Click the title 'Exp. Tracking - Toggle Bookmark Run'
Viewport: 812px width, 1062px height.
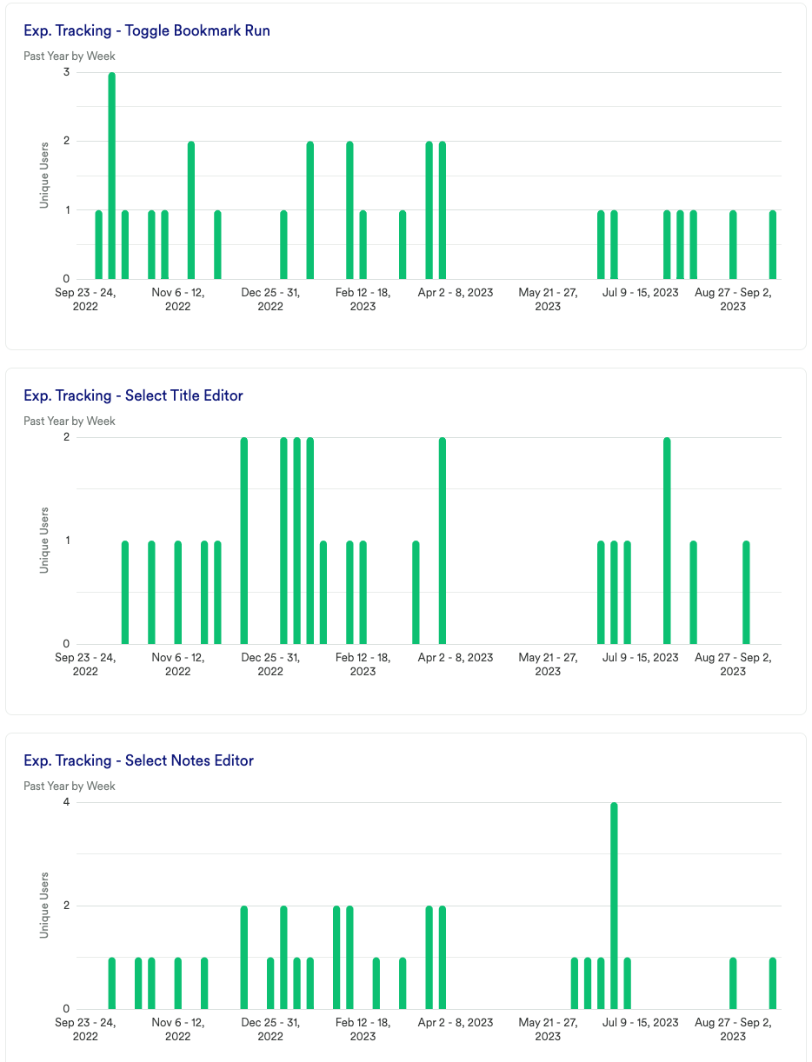click(146, 30)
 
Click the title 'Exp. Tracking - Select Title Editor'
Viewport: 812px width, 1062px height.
click(133, 395)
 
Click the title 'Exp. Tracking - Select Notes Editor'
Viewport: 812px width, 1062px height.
click(138, 760)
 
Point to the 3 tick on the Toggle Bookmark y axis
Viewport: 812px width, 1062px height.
click(66, 72)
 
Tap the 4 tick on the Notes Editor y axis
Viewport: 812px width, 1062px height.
click(66, 802)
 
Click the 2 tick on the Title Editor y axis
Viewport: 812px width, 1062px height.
click(66, 437)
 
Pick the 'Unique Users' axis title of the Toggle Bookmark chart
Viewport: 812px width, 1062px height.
click(44, 176)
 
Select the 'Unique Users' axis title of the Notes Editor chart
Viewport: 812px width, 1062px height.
click(44, 906)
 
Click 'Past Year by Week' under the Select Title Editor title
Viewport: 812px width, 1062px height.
click(70, 421)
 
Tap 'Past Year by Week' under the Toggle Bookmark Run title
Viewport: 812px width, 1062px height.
click(70, 56)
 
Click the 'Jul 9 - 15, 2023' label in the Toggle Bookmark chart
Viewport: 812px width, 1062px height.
click(641, 293)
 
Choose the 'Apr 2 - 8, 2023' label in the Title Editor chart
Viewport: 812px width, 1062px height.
click(456, 658)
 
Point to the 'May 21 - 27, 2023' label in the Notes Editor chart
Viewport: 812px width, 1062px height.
click(548, 1029)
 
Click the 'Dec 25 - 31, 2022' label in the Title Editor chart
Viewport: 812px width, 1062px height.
click(270, 664)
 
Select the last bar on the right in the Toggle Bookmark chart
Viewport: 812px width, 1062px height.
click(773, 244)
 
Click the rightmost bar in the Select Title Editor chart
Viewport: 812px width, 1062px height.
click(747, 592)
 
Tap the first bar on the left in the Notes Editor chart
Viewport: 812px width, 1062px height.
click(112, 983)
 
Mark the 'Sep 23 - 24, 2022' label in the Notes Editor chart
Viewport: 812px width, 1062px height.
click(85, 1029)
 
